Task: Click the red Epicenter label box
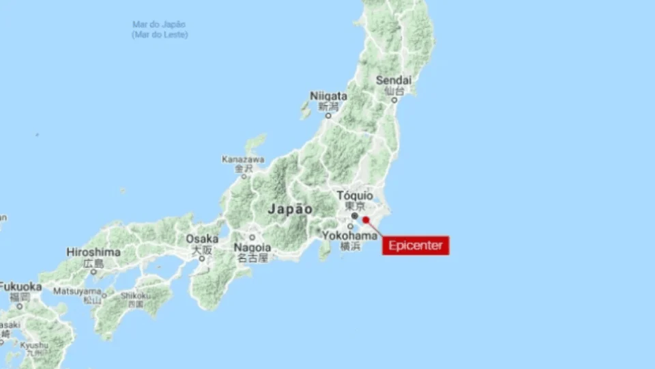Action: [416, 245]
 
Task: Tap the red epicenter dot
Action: [366, 219]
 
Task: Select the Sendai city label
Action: [394, 80]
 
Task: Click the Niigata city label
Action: [328, 96]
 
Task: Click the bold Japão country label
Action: [290, 209]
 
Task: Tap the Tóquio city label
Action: [355, 195]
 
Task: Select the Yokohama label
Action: [350, 236]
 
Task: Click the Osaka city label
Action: [202, 239]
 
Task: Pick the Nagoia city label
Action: [252, 247]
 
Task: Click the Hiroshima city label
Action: [93, 252]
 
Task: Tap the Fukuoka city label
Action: [20, 287]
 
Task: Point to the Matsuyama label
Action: [77, 290]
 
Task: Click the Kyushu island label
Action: [33, 346]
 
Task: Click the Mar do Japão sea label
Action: [160, 25]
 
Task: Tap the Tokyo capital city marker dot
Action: [354, 216]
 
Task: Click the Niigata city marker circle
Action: [327, 115]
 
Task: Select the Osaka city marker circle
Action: [202, 258]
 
